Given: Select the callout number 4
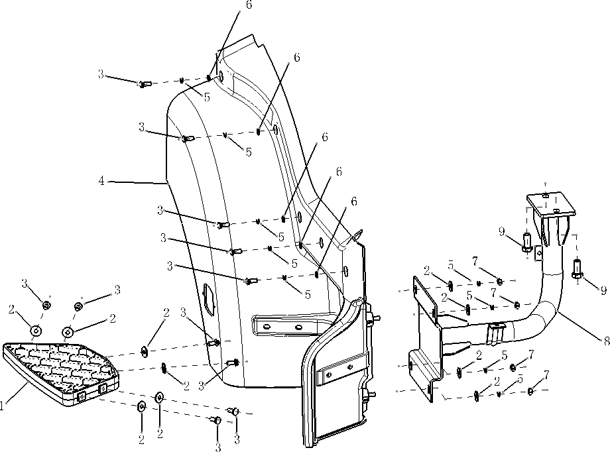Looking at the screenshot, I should [101, 181].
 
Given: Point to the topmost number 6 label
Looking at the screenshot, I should [249, 5].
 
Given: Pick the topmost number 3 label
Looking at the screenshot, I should [101, 74].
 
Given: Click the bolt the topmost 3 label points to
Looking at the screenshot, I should [145, 84].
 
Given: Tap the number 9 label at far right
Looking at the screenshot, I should [603, 290].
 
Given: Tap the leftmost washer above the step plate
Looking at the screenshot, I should [35, 329].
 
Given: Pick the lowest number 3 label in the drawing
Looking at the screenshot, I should [217, 448].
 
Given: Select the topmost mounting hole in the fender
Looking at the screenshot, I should [221, 78].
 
